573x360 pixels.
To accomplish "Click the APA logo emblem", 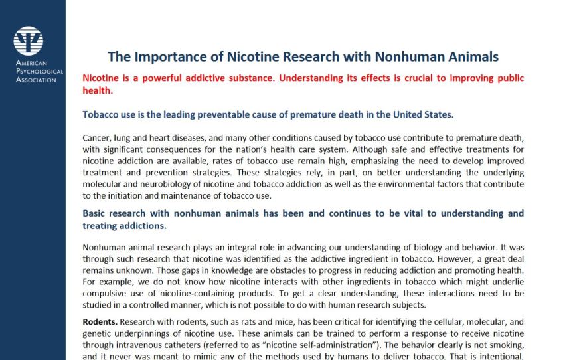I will (x=28, y=41).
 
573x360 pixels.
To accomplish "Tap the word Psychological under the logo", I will (x=40, y=71).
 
